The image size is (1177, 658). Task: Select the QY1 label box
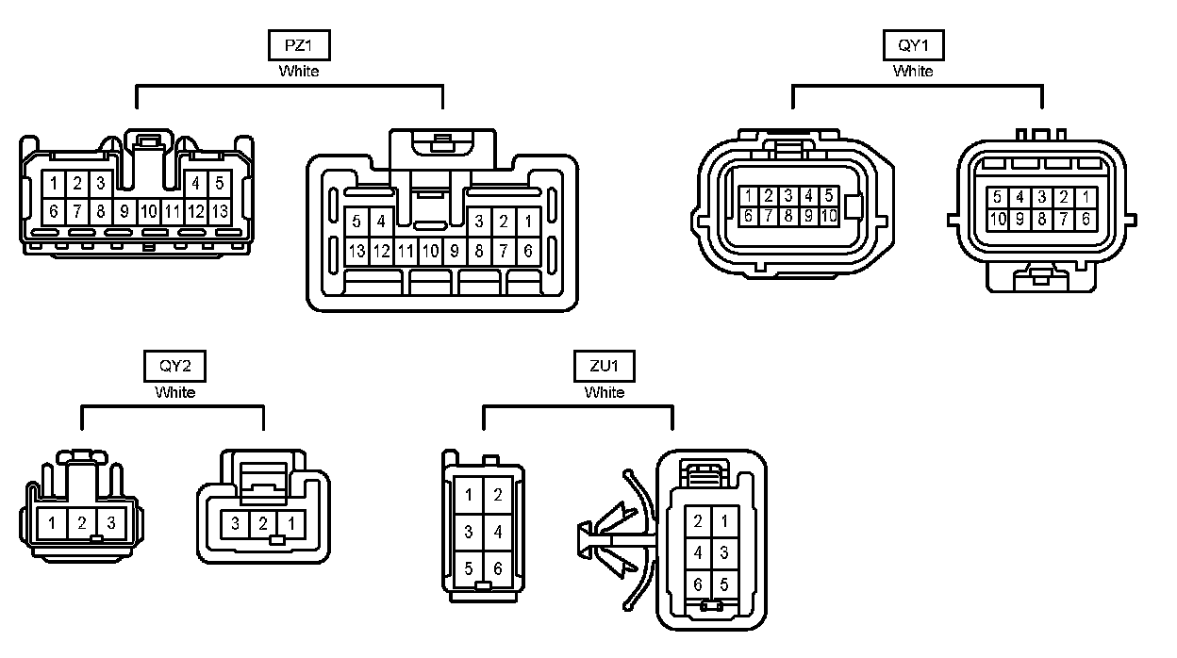click(913, 45)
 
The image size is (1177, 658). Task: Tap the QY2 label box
click(175, 366)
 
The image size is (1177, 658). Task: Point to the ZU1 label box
click(605, 366)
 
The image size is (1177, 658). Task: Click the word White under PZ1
click(299, 71)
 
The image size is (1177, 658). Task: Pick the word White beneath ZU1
click(605, 392)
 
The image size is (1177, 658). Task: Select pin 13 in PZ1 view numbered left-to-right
click(220, 210)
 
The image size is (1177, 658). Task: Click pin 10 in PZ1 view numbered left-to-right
click(148, 210)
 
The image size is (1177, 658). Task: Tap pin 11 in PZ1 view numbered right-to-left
click(406, 252)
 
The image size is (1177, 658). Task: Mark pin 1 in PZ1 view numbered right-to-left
click(528, 222)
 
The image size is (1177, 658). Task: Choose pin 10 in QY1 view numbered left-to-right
click(829, 216)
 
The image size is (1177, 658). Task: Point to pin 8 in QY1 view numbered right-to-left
click(1042, 219)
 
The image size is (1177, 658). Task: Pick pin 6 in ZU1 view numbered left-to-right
click(498, 569)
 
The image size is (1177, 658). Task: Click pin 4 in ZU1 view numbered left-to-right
click(498, 532)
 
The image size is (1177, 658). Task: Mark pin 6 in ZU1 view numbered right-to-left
click(698, 584)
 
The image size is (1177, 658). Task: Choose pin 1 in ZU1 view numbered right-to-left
click(724, 521)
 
